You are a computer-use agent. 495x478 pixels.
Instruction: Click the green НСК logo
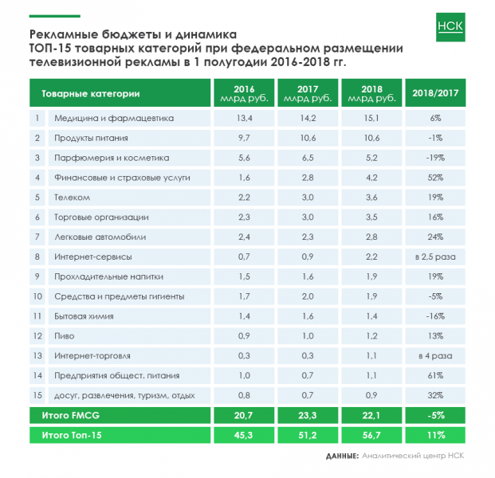pyautogui.click(x=450, y=26)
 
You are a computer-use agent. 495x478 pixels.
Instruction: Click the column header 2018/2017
pyautogui.click(x=435, y=93)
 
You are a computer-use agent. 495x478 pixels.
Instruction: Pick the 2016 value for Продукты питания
pyautogui.click(x=244, y=138)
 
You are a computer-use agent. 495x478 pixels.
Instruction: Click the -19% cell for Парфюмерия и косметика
pyautogui.click(x=435, y=157)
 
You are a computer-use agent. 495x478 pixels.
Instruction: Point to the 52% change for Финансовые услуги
pyautogui.click(x=435, y=177)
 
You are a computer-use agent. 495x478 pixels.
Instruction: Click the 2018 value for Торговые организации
pyautogui.click(x=371, y=217)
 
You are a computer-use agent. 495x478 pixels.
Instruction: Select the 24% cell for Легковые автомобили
pyautogui.click(x=435, y=237)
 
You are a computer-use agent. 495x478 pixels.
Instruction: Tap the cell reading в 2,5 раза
pyautogui.click(x=435, y=257)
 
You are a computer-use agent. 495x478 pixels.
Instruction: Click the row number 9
pyautogui.click(x=37, y=276)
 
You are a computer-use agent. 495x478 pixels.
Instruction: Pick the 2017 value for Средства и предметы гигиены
pyautogui.click(x=308, y=296)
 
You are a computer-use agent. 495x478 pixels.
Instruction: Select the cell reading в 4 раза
pyautogui.click(x=435, y=355)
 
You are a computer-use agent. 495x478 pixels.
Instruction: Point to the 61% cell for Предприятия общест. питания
pyautogui.click(x=435, y=375)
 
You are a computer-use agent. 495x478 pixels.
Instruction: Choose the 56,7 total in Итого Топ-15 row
pyautogui.click(x=371, y=435)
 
